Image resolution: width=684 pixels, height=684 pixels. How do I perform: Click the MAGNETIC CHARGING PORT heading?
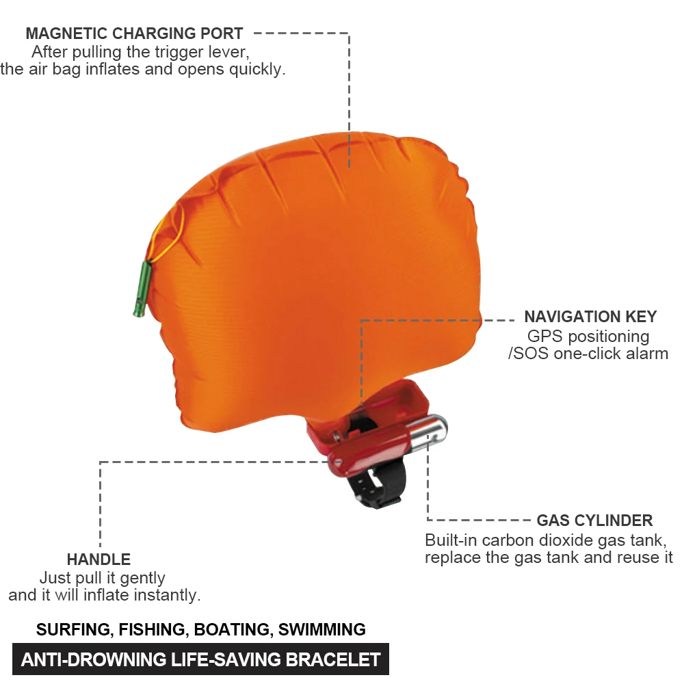pos(134,33)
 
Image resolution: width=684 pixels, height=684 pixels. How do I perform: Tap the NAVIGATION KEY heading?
pos(590,317)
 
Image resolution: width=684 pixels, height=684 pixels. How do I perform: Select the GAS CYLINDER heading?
pos(594,521)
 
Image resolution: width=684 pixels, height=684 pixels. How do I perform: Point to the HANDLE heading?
pos(98,560)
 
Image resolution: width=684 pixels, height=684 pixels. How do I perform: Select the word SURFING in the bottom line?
pos(73,629)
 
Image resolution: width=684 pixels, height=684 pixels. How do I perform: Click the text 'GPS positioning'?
pos(588,337)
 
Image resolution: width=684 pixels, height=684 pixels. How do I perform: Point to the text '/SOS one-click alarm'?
pos(588,354)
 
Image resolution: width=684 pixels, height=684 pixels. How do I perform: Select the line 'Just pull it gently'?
pos(103,578)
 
